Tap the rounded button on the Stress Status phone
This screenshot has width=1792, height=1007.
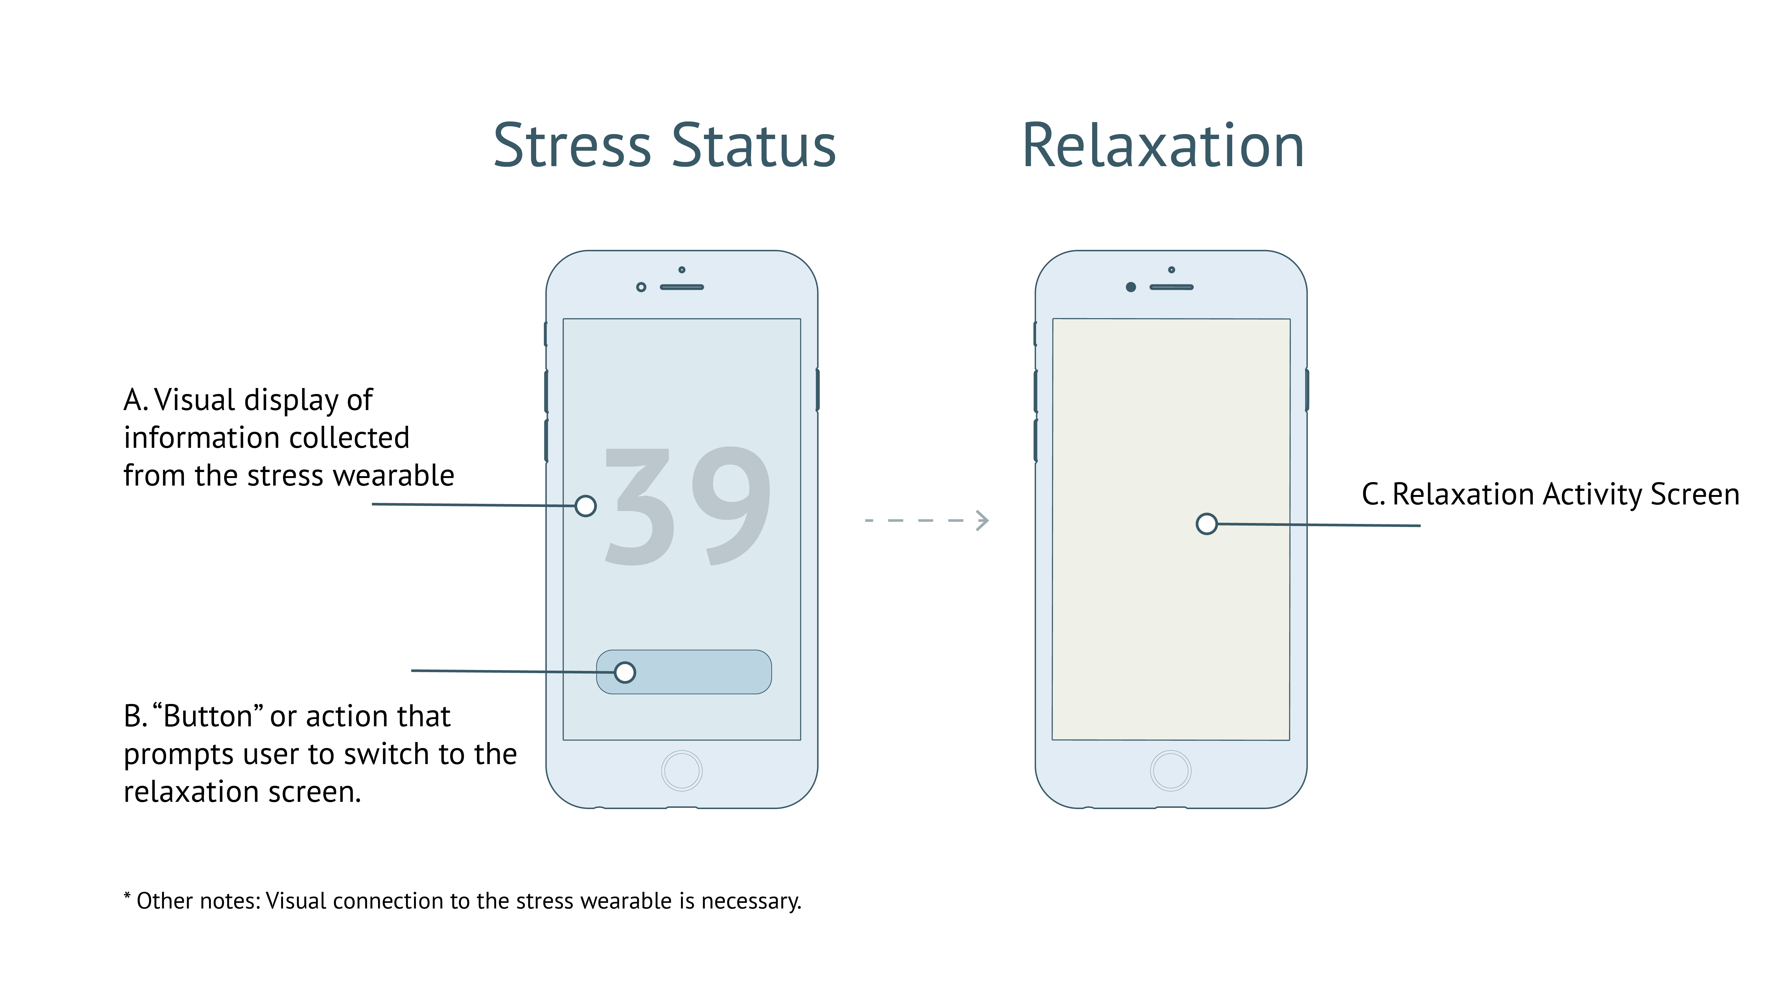[x=684, y=672]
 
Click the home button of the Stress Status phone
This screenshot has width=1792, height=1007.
[x=682, y=771]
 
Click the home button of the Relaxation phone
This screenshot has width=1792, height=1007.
[x=1171, y=771]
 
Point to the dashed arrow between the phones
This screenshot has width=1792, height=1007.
[x=927, y=520]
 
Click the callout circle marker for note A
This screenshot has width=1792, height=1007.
[x=586, y=506]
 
